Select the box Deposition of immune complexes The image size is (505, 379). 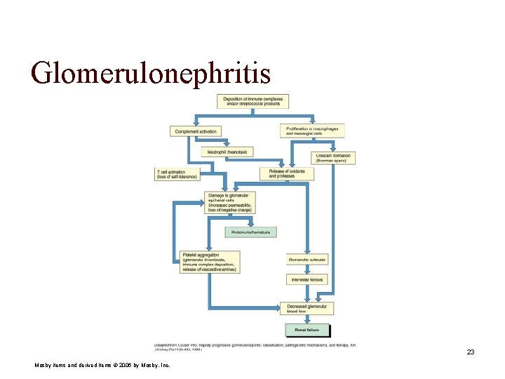click(x=252, y=101)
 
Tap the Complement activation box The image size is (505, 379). click(x=195, y=131)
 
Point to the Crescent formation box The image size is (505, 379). click(x=333, y=158)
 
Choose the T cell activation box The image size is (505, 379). click(x=175, y=174)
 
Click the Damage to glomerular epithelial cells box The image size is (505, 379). click(x=230, y=202)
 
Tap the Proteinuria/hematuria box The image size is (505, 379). click(x=251, y=232)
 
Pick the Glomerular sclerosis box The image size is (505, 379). click(x=307, y=260)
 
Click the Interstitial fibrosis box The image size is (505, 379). click(x=307, y=279)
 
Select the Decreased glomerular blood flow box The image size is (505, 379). click(x=306, y=308)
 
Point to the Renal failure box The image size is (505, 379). click(x=307, y=328)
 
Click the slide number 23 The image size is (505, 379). click(x=471, y=352)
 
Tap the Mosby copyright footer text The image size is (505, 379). click(x=102, y=366)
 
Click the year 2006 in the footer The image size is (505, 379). click(x=136, y=366)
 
